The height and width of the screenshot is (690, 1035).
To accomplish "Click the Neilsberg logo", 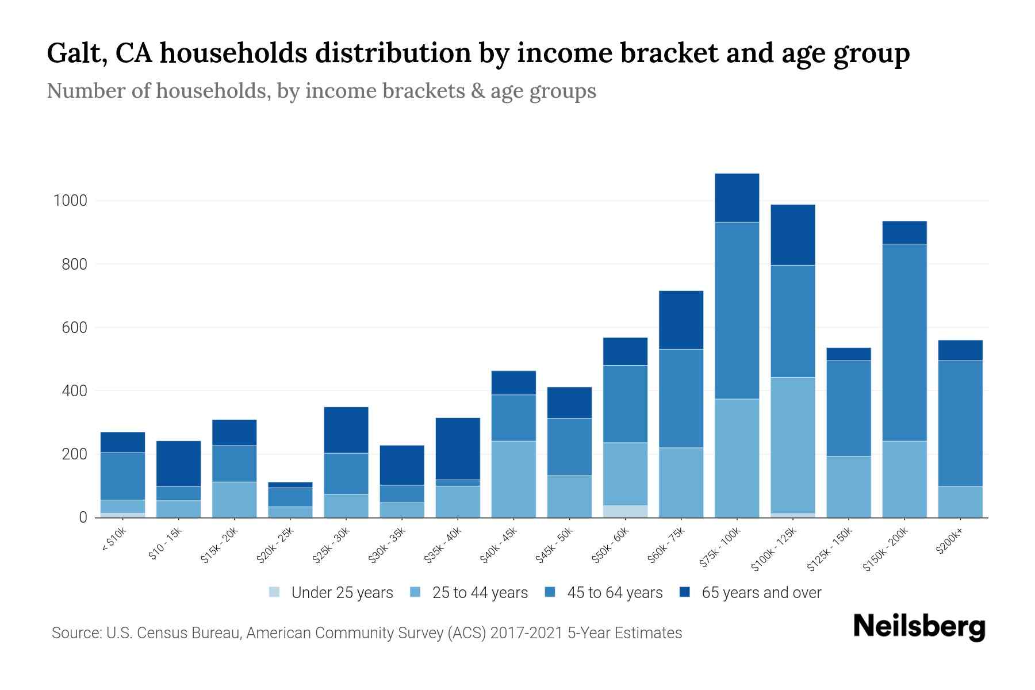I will pyautogui.click(x=919, y=626).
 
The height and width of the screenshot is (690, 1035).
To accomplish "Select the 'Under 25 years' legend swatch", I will pyautogui.click(x=275, y=592).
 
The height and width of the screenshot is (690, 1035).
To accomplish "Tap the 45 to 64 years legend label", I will pyautogui.click(x=614, y=592).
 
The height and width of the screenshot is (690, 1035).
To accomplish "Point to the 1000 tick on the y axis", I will pyautogui.click(x=70, y=201).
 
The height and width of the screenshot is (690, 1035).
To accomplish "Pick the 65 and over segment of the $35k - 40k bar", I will pyautogui.click(x=458, y=448).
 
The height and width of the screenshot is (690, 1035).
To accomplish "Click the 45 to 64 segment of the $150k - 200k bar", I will pyautogui.click(x=904, y=342).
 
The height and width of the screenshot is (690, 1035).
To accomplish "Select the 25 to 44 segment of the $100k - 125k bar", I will pyautogui.click(x=793, y=445).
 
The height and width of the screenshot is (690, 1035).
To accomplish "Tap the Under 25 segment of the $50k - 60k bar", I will pyautogui.click(x=625, y=511).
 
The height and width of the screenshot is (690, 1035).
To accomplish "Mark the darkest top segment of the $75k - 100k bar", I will pyautogui.click(x=737, y=197).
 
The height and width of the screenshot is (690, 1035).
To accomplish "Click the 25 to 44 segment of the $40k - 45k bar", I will pyautogui.click(x=513, y=479).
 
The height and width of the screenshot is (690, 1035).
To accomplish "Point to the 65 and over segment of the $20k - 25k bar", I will pyautogui.click(x=290, y=485).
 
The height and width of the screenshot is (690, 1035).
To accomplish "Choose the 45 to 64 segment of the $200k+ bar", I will pyautogui.click(x=960, y=423).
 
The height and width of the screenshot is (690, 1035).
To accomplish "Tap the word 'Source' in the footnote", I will pyautogui.click(x=75, y=633).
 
